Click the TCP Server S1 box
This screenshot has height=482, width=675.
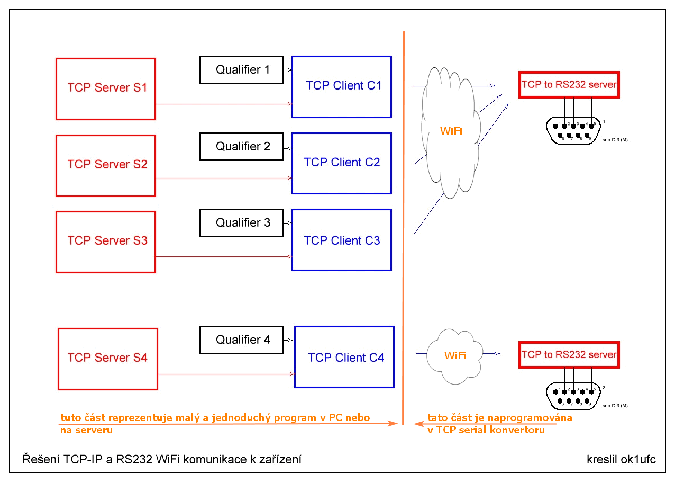point(106,88)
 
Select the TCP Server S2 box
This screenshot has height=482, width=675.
point(106,165)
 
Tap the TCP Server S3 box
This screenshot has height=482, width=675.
point(106,242)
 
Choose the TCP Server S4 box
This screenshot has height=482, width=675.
point(107,359)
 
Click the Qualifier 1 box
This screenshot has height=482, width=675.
point(241,70)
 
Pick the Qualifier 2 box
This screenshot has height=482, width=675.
point(241,147)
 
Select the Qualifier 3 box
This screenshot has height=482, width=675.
point(241,223)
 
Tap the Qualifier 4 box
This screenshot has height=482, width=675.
point(241,340)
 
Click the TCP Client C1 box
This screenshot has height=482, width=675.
point(342,86)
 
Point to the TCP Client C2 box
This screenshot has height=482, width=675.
point(342,163)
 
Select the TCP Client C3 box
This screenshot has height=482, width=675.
point(342,240)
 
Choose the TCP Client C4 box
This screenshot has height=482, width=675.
point(344,357)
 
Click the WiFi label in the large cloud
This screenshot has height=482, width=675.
point(451,130)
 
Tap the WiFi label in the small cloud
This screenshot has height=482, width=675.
point(455,355)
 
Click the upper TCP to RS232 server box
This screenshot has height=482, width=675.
point(569,85)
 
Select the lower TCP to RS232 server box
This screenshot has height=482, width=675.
point(569,355)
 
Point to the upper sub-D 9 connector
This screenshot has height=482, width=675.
point(573,130)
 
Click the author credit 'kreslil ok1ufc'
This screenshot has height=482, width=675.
point(621,459)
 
